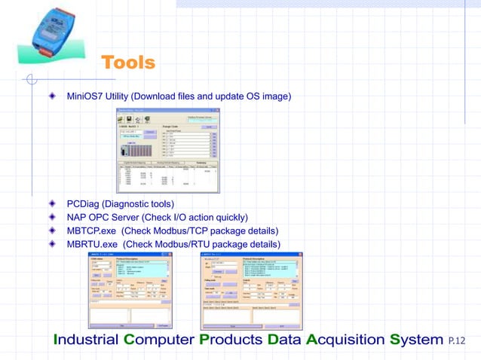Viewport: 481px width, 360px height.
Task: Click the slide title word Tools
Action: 127,63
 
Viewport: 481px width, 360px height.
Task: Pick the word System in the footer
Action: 415,340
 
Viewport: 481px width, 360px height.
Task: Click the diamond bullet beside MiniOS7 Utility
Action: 52,96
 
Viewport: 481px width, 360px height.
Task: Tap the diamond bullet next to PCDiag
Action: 52,203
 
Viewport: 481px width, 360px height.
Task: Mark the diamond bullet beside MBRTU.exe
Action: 52,244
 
